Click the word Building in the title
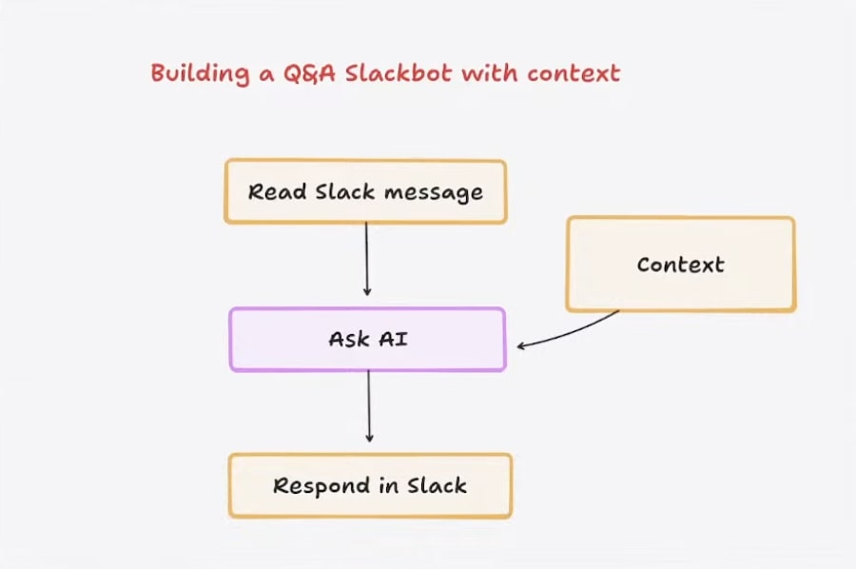(200, 73)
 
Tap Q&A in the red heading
(309, 73)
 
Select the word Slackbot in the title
(399, 73)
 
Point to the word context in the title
(574, 73)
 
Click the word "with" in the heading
(489, 73)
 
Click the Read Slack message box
(366, 191)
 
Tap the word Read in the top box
(277, 191)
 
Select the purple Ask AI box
(368, 340)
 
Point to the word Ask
(349, 339)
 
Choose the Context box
(681, 265)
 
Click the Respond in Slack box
(370, 485)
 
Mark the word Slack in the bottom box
(438, 485)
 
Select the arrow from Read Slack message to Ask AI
(367, 260)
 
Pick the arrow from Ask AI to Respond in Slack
(369, 406)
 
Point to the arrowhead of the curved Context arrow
(521, 345)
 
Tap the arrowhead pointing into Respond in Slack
(370, 439)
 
